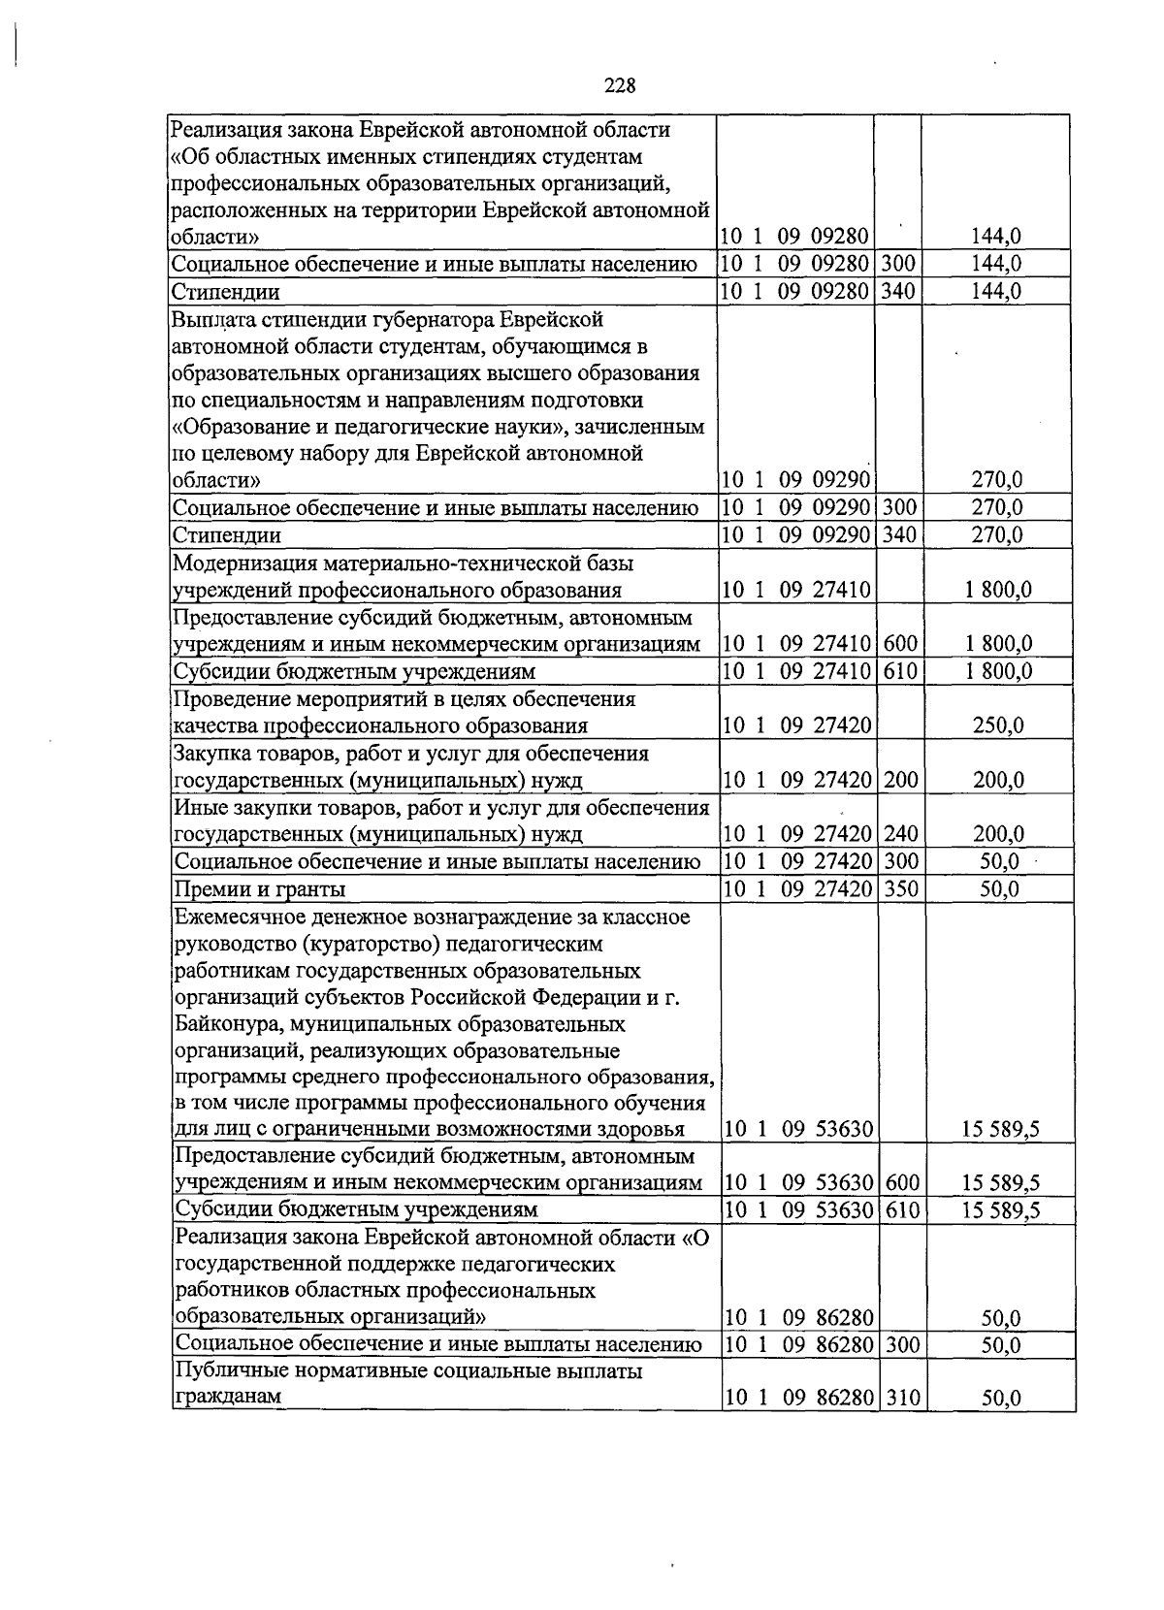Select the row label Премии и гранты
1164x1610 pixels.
click(259, 889)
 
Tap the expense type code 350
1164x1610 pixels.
click(901, 888)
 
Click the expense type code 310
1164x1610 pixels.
click(902, 1399)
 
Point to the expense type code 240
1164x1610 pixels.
click(901, 834)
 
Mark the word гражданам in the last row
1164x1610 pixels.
click(227, 1399)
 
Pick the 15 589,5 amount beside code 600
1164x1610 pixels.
click(1001, 1183)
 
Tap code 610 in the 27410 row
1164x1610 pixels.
click(901, 671)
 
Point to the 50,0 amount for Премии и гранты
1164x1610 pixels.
click(999, 888)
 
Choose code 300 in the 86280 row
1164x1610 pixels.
click(902, 1344)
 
